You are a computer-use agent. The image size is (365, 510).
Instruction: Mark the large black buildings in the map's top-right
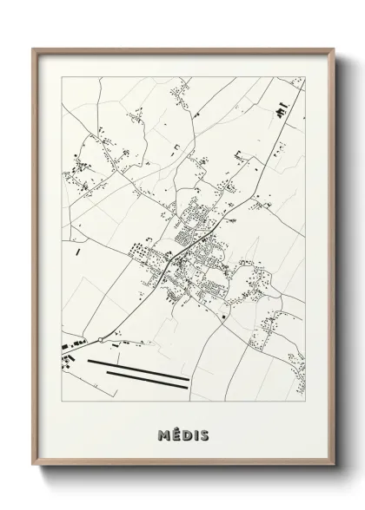click(x=281, y=111)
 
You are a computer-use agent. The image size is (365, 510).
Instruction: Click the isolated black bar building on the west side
click(x=77, y=252)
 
